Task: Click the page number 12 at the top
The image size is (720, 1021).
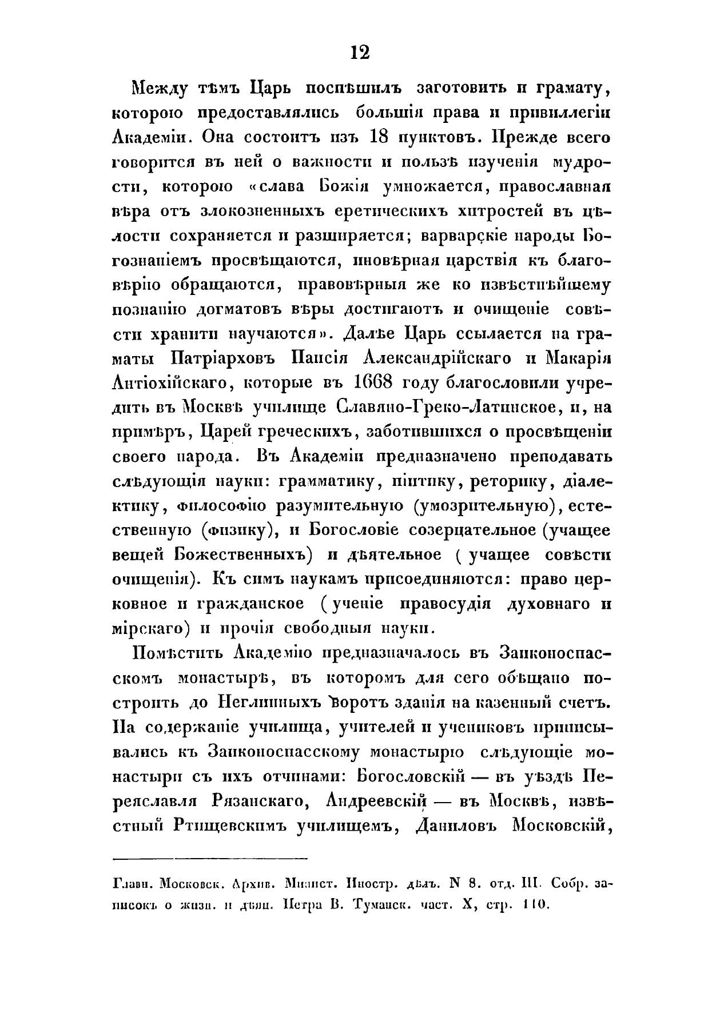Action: coord(360,53)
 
